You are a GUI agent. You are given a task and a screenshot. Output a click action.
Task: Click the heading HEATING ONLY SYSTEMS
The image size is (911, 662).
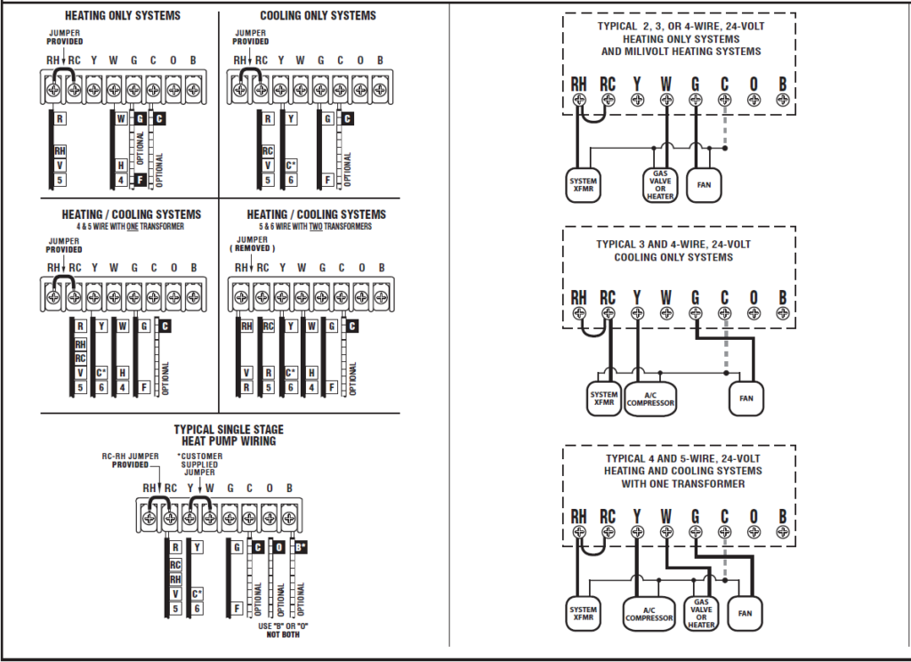(x=122, y=16)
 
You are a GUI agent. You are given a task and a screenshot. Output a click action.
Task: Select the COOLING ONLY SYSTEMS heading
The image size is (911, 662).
(x=318, y=16)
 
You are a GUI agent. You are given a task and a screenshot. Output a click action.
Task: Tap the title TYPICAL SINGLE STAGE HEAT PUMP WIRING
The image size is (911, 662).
(x=229, y=435)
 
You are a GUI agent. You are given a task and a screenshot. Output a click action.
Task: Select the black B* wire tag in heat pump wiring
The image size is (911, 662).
(x=301, y=547)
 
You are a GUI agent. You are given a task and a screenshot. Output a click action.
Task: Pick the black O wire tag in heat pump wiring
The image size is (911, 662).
(x=279, y=547)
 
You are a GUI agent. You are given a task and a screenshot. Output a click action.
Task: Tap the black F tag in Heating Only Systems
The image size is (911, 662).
(x=140, y=180)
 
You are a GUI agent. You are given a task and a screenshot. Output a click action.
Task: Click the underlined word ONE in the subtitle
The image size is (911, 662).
(x=132, y=227)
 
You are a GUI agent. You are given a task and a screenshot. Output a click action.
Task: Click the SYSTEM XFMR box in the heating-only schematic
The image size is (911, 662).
(x=584, y=186)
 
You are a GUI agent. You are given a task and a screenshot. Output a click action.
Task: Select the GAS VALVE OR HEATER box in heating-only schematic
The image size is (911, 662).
(x=660, y=185)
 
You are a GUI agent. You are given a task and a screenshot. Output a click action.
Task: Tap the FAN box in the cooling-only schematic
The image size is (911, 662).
(x=746, y=398)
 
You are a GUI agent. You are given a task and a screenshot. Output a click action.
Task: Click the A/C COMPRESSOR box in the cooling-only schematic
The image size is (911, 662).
(x=650, y=398)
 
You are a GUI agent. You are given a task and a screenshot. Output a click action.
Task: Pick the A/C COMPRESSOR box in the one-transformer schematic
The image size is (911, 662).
(x=649, y=613)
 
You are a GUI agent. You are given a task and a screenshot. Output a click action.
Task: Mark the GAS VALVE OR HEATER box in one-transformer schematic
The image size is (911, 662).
(x=701, y=613)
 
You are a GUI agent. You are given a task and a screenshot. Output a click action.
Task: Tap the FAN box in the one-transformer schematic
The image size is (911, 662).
(x=746, y=613)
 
